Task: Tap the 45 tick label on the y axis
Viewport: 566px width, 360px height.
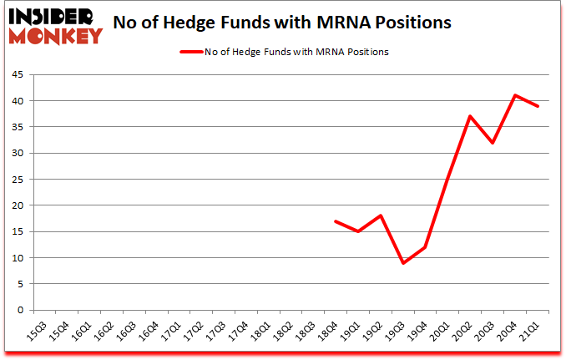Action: [x=17, y=75]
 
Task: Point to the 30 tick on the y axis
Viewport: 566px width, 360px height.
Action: [x=17, y=154]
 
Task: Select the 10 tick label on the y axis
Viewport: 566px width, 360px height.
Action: [x=17, y=258]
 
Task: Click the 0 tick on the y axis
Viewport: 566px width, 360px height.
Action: [x=20, y=310]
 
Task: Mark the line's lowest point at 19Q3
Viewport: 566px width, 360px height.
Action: [x=404, y=263]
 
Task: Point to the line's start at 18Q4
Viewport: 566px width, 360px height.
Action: [x=336, y=221]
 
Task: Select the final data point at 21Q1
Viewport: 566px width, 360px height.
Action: [x=538, y=106]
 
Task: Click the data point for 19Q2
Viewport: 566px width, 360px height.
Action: [x=382, y=215]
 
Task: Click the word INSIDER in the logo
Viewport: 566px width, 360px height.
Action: [x=52, y=16]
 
